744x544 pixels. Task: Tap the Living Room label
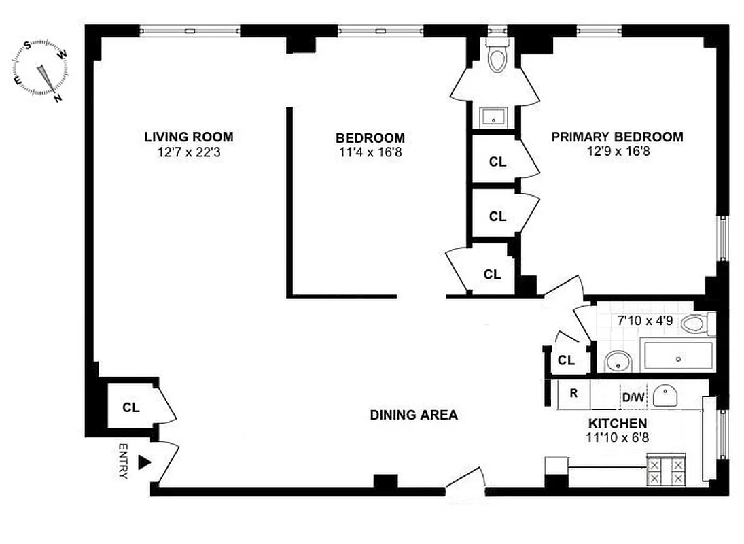point(188,137)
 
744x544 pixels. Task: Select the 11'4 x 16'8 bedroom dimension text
point(371,153)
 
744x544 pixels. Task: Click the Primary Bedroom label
point(617,137)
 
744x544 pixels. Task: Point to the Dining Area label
point(413,415)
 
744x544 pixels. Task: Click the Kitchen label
point(617,424)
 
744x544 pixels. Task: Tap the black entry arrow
point(143,462)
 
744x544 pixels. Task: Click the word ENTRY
point(123,462)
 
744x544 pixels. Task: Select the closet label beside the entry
point(131,407)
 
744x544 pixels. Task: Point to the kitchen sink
point(665,395)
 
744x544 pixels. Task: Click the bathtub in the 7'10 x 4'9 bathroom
point(677,357)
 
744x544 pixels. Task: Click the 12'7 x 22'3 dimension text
point(188,153)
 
